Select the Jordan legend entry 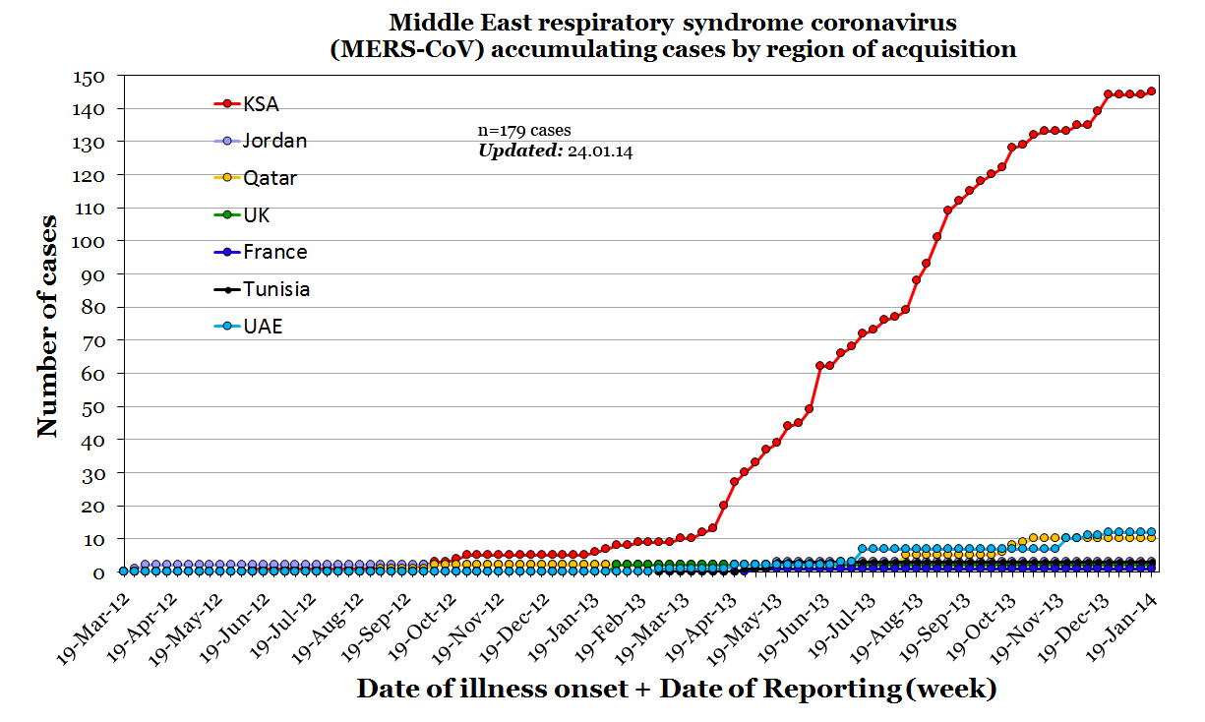(x=274, y=141)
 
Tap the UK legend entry (x=257, y=214)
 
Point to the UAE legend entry (x=263, y=326)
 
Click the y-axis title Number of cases (x=47, y=326)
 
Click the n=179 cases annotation (x=524, y=130)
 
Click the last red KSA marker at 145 (x=1151, y=90)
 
